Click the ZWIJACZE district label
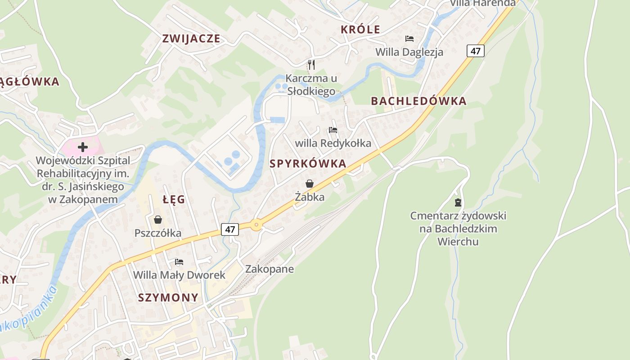191,39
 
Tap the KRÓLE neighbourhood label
360,30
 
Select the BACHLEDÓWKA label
418,101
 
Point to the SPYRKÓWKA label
308,164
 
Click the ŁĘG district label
174,199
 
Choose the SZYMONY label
168,297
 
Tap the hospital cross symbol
83,147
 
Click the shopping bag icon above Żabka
310,184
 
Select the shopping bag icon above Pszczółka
158,220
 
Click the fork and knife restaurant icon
311,64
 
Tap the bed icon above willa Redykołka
333,130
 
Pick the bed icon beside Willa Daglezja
409,39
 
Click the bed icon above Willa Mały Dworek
179,261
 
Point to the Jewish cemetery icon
458,202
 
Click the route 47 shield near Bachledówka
475,51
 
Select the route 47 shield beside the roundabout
230,229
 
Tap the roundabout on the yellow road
256,225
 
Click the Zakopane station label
270,269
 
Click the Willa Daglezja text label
409,52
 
